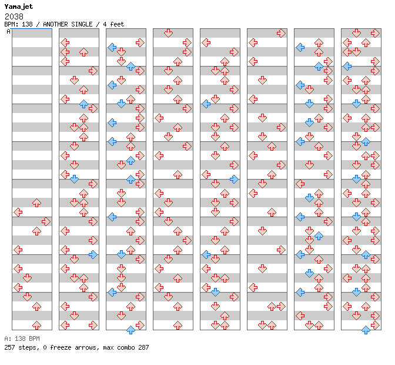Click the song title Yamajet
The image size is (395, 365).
click(19, 7)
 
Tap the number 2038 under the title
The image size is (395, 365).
click(14, 16)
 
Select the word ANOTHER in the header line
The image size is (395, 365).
click(55, 24)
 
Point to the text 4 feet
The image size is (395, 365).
click(113, 24)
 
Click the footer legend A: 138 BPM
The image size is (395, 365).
click(22, 339)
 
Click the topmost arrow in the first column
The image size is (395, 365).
click(37, 203)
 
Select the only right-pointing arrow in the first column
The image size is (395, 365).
click(46, 222)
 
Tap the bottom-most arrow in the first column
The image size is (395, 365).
click(37, 326)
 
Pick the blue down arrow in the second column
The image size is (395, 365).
click(74, 179)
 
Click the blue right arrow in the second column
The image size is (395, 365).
click(93, 254)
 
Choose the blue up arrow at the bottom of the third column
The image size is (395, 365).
click(130, 330)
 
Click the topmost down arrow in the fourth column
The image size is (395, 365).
click(168, 33)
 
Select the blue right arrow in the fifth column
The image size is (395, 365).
click(235, 179)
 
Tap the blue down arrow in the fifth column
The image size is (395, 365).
click(215, 293)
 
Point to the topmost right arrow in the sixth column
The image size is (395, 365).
click(281, 33)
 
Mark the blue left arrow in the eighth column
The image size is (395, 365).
click(347, 66)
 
